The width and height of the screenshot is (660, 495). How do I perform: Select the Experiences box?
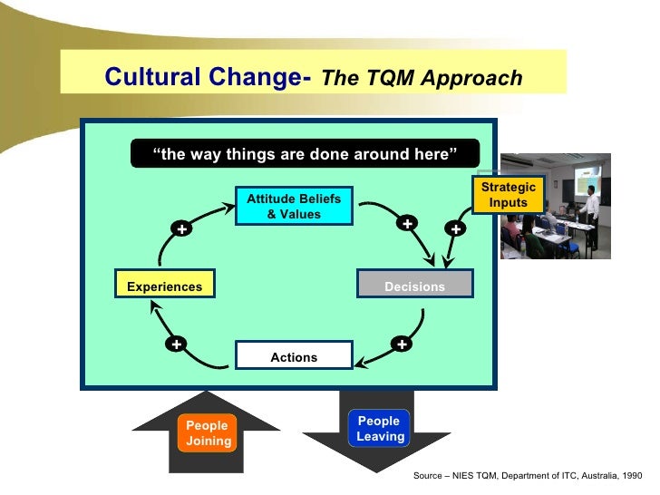click(164, 286)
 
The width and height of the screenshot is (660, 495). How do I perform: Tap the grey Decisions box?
click(414, 286)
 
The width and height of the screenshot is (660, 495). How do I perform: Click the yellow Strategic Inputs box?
click(508, 195)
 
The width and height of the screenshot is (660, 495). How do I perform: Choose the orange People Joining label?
click(208, 433)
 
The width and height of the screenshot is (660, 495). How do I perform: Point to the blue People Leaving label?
click(379, 429)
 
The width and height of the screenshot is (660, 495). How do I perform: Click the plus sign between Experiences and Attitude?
click(182, 230)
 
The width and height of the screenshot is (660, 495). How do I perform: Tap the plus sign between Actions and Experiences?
click(176, 345)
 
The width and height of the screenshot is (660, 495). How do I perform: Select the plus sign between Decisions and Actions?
click(401, 345)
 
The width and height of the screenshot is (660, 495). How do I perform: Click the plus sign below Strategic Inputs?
click(455, 230)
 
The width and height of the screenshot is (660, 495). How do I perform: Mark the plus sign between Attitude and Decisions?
click(408, 223)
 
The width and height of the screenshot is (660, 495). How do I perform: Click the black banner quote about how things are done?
click(306, 154)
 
